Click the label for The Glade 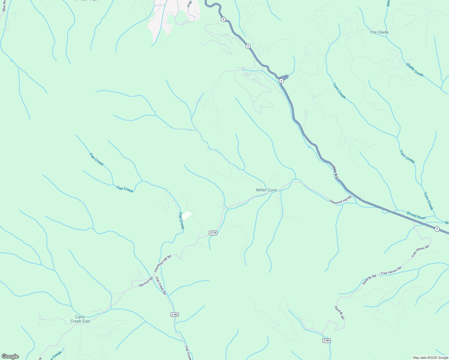tap(379, 32)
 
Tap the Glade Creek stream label tap(414, 70)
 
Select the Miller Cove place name tap(266, 190)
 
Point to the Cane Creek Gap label tap(80, 319)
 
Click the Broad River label tap(416, 216)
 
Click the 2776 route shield tap(213, 233)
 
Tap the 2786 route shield tap(174, 314)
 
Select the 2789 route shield tap(327, 340)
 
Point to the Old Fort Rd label tap(146, 283)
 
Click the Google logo tap(10, 356)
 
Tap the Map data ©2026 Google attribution tap(430, 358)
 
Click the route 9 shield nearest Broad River tap(437, 229)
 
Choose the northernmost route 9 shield tap(223, 19)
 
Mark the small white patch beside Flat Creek tap(188, 215)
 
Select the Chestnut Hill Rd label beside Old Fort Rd tap(163, 263)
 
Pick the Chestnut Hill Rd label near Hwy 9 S tap(340, 200)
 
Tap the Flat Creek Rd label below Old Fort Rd tap(161, 286)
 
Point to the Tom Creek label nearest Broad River tap(428, 201)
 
